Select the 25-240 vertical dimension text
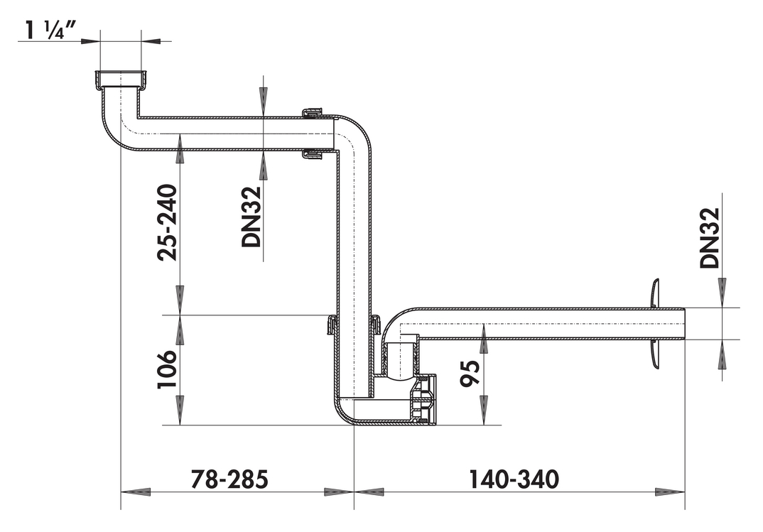point(168,222)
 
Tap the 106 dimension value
point(166,369)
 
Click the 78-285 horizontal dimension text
point(229,479)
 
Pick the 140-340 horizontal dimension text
point(514,479)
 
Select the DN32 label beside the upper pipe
point(251,217)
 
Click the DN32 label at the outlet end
point(710,238)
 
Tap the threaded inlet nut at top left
point(121,80)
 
